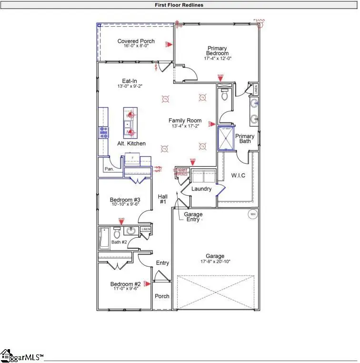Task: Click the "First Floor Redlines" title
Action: (180, 5)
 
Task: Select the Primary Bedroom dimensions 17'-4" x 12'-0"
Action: (217, 59)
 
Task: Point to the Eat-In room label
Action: (130, 81)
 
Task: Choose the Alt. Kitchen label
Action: (131, 143)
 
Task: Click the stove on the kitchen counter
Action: (103, 132)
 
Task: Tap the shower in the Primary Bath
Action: (227, 138)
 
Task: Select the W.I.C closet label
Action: (238, 176)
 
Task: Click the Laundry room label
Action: (201, 189)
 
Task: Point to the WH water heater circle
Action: (252, 214)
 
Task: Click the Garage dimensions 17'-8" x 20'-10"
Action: (215, 262)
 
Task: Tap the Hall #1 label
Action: (162, 199)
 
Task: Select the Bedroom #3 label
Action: (124, 200)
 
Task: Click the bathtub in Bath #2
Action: (104, 238)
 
